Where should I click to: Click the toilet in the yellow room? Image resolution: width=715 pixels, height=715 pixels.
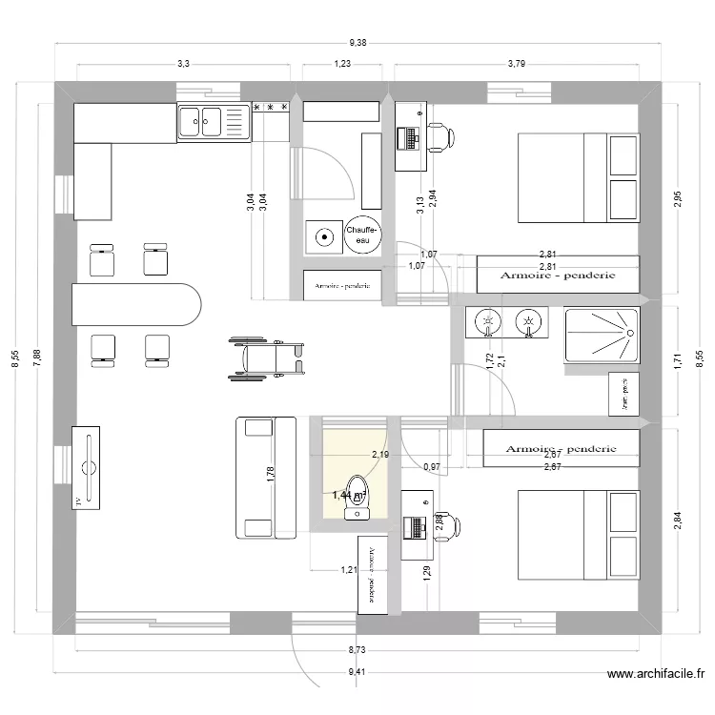tap(356, 497)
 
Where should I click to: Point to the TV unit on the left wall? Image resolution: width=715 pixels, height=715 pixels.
tap(87, 467)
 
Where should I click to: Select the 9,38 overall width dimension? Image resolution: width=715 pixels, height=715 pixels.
tap(358, 42)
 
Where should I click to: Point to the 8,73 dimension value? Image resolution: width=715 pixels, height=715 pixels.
tap(356, 649)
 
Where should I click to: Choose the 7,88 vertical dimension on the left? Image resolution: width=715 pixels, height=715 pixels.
tap(37, 357)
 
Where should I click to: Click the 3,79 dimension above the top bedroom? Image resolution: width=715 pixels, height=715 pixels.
tap(516, 63)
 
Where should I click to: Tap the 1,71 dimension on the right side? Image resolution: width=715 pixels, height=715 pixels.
tap(678, 360)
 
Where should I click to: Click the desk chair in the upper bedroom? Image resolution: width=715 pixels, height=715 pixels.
tap(439, 137)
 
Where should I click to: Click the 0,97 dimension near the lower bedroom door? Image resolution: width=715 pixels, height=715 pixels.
tap(431, 466)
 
